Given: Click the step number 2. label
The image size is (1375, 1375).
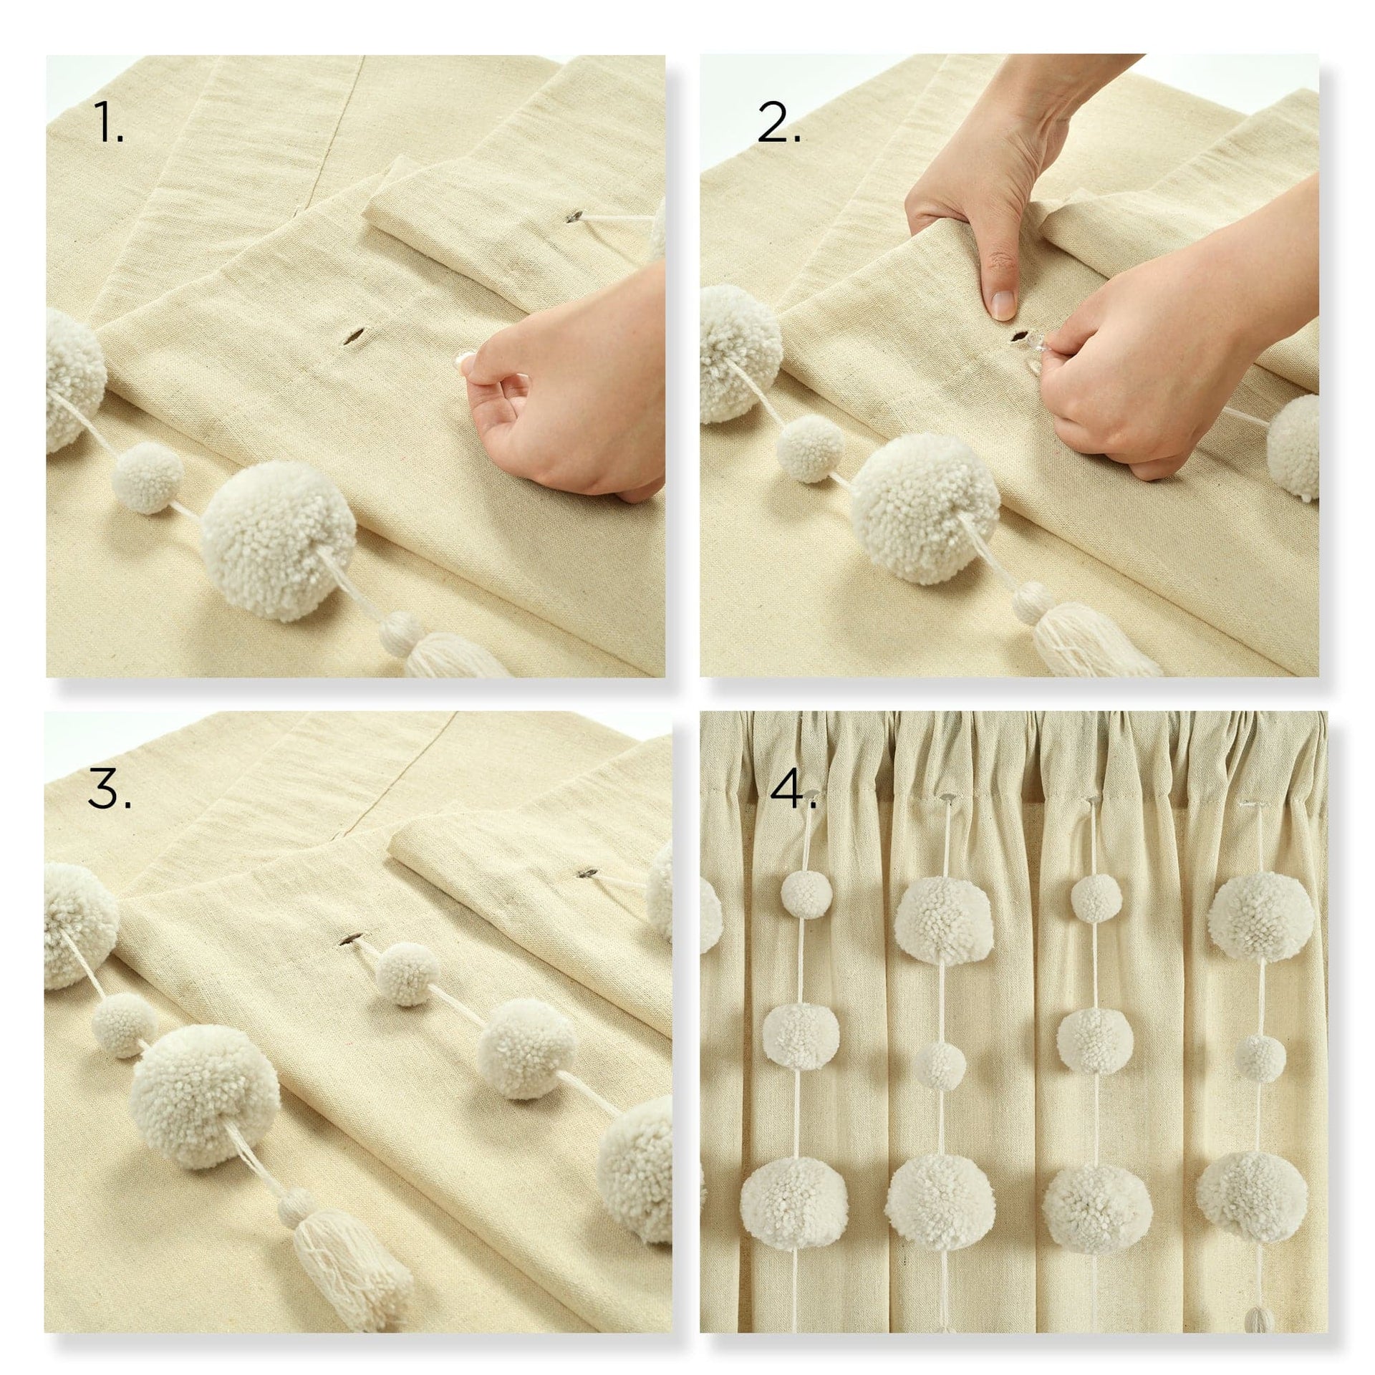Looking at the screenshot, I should tap(778, 126).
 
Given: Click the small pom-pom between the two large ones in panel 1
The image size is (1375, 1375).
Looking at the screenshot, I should tap(148, 476).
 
